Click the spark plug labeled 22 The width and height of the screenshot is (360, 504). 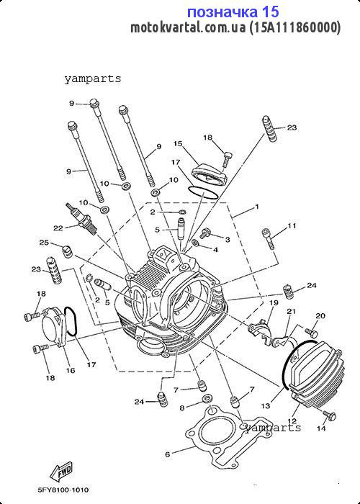82,219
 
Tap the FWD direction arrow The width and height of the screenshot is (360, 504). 61,472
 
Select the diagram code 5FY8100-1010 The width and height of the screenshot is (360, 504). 63,490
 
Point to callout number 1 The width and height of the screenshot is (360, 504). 256,207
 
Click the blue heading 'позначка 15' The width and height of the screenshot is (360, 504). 233,12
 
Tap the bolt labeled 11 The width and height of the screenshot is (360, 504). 269,238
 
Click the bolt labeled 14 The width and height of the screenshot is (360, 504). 330,415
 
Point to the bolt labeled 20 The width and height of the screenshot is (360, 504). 311,331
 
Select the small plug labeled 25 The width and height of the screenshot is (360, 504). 66,251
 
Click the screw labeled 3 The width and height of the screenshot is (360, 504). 204,233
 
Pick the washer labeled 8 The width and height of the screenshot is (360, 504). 206,399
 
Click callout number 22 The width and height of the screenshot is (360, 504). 58,228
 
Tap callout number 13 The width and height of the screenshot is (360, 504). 266,406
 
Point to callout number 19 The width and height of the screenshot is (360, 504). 274,303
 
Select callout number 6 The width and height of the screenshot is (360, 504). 167,454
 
